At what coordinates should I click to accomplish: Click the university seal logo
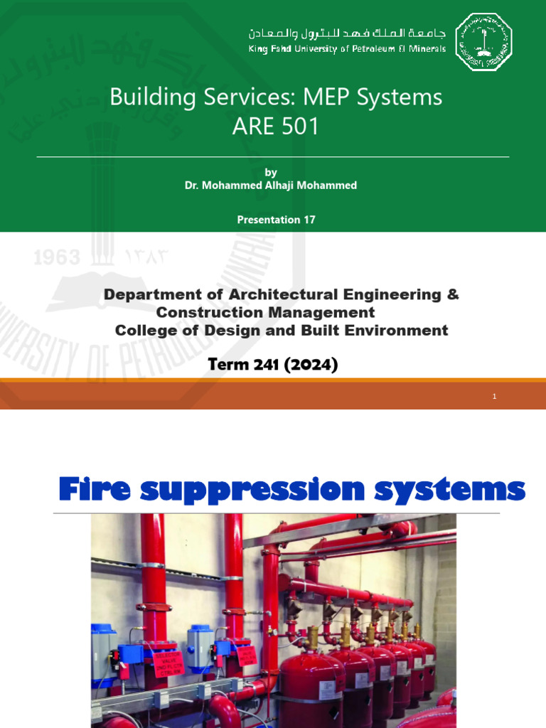[483, 42]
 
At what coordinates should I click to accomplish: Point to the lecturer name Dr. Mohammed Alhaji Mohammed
[270, 185]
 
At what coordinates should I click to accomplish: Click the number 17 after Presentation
[309, 220]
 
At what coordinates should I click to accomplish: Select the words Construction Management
[265, 312]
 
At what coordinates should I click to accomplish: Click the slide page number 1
[494, 397]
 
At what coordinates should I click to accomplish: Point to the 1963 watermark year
[57, 257]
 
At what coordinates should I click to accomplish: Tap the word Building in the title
[145, 97]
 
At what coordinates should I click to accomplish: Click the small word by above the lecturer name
[270, 172]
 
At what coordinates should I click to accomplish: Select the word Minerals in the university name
[427, 48]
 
